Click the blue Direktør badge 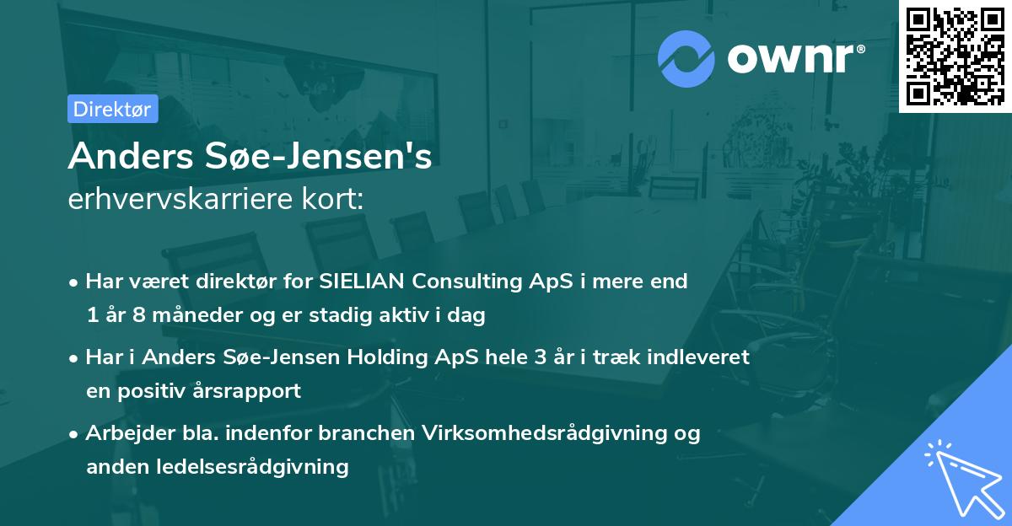click(112, 109)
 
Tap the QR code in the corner click(954, 56)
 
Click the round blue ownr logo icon click(686, 58)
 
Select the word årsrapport click(250, 391)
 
